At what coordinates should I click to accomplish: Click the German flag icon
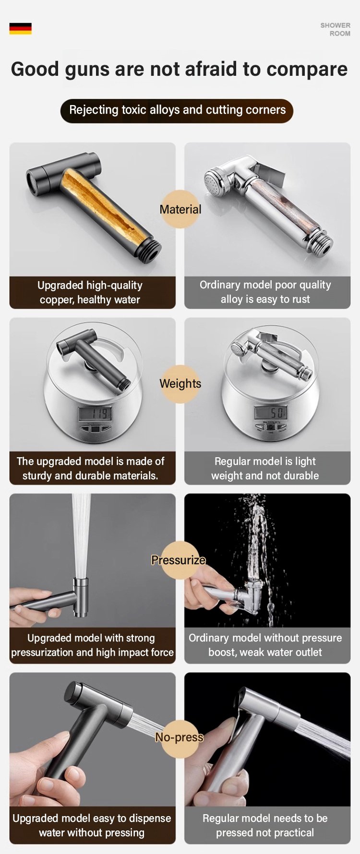[20, 28]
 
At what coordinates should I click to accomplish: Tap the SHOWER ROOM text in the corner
[335, 29]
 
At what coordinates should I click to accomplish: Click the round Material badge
[180, 209]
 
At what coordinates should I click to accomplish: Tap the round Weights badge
[180, 384]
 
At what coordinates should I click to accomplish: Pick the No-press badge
[180, 737]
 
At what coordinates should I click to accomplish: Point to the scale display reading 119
[96, 414]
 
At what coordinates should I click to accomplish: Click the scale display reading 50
[271, 412]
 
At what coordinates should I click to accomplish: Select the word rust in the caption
[300, 299]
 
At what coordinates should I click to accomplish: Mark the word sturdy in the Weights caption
[37, 476]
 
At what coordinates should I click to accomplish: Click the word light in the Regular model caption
[305, 462]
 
